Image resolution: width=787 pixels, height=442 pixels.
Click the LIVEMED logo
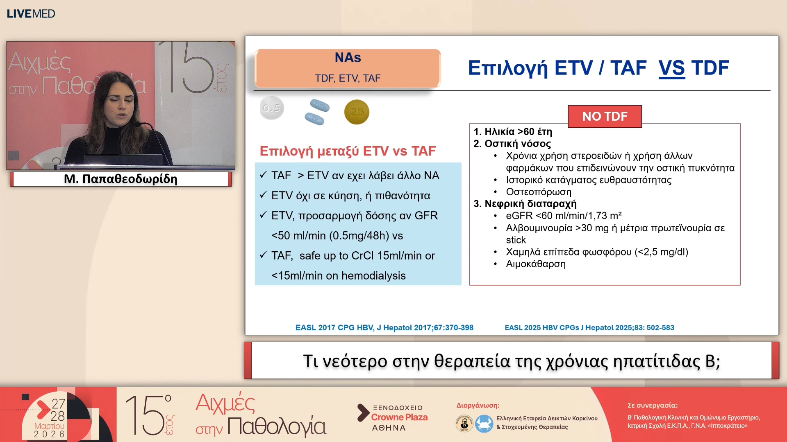[31, 14]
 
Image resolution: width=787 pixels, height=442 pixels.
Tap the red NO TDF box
[605, 117]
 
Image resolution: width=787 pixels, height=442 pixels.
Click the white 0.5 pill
[271, 108]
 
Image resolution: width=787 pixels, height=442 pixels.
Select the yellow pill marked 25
[357, 112]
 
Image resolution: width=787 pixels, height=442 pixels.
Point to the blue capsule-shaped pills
[317, 112]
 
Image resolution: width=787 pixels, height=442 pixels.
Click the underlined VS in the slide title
[671, 68]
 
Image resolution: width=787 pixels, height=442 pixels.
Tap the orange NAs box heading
[348, 58]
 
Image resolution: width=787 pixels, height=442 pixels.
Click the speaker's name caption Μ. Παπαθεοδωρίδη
[121, 179]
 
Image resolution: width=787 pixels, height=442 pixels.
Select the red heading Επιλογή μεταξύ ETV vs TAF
[348, 151]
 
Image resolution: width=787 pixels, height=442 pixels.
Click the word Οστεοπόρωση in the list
[538, 192]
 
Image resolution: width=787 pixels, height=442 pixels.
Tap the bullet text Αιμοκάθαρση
[535, 264]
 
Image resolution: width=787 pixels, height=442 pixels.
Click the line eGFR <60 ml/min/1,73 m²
[564, 216]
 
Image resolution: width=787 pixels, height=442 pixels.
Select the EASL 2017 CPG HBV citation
[384, 327]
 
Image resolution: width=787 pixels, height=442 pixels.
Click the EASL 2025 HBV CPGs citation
[589, 327]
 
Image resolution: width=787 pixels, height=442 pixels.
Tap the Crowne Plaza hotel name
[399, 417]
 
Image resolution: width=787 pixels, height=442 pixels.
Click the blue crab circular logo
[484, 424]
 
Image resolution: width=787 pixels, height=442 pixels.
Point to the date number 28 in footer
[58, 416]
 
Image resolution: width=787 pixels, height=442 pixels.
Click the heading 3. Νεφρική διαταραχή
[525, 204]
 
